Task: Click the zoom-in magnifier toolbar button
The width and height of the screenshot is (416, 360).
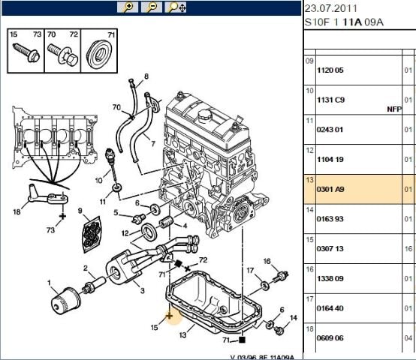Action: tap(128, 7)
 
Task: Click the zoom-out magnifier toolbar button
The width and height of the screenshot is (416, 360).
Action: tap(152, 7)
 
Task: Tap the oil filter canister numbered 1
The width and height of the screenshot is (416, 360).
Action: tap(65, 301)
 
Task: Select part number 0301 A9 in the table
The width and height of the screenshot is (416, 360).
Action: tap(330, 190)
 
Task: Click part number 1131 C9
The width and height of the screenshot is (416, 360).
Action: tap(330, 100)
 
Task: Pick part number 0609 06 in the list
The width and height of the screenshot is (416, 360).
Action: tap(330, 338)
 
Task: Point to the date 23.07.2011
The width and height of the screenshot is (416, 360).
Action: tap(331, 8)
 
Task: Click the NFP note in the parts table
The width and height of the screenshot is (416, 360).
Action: tap(394, 109)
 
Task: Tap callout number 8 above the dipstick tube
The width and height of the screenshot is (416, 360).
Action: tap(146, 76)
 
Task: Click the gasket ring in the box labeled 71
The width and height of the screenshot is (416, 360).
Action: tap(99, 55)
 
